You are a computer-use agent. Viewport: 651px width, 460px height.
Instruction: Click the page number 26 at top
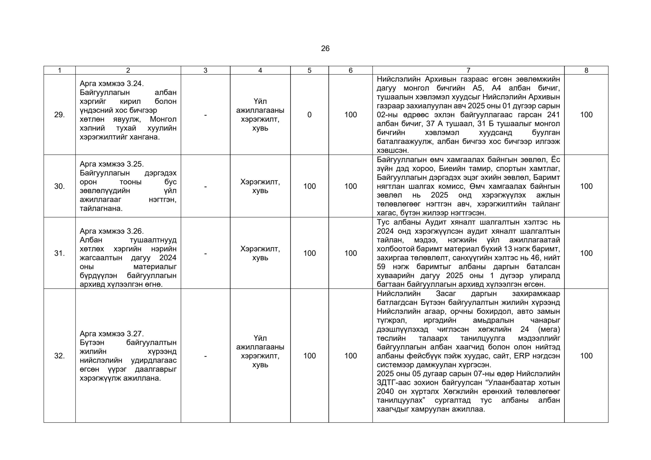(x=325, y=49)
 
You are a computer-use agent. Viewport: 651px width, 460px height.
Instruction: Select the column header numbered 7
(x=468, y=70)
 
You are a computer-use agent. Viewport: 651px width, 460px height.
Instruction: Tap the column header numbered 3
(x=205, y=70)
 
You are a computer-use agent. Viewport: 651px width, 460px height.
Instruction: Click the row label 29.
(x=59, y=115)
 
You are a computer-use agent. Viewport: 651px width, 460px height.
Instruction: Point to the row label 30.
(x=59, y=186)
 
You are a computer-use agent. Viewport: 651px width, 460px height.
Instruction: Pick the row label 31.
(x=59, y=253)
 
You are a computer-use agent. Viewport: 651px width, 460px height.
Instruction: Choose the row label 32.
(x=59, y=356)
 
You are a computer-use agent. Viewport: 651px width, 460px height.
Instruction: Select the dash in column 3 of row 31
(x=205, y=253)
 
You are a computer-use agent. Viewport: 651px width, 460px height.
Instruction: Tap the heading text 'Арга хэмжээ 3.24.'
(x=112, y=84)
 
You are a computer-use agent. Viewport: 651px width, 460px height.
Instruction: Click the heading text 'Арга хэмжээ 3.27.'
(x=112, y=334)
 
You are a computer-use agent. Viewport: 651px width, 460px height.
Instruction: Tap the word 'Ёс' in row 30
(x=555, y=160)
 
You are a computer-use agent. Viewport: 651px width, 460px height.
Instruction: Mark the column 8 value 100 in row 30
(x=586, y=186)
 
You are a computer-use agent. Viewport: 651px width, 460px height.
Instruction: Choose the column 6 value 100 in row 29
(x=350, y=115)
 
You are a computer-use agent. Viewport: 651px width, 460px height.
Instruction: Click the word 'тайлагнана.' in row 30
(x=101, y=209)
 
